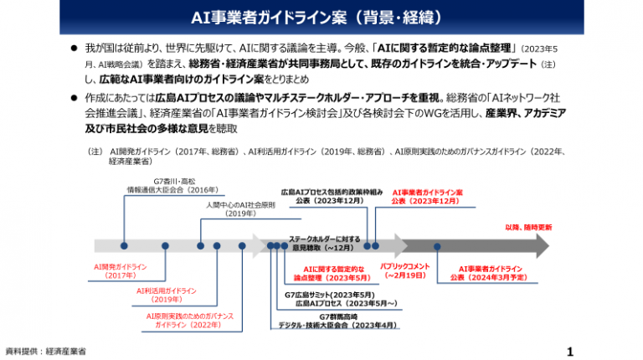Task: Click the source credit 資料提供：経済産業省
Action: coord(45,351)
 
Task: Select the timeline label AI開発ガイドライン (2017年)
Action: coord(121,270)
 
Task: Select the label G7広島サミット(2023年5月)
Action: coord(329,295)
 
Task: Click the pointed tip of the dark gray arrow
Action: coord(548,246)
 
